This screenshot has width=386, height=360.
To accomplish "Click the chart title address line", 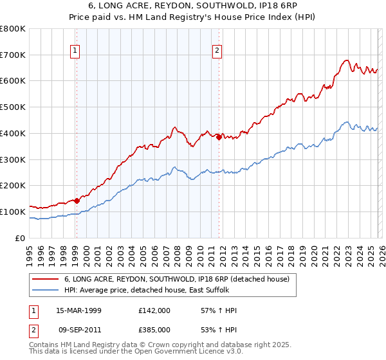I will coord(193,6).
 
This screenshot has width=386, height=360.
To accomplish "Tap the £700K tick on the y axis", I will coord(13,55).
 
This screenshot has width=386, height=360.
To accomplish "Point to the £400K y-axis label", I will coord(13,133).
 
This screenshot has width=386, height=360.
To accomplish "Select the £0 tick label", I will coord(19,238).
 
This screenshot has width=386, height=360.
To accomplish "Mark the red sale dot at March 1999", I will coord(77,201).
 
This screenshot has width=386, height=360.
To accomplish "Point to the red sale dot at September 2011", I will coord(219,137).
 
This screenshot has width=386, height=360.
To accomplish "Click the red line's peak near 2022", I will coord(346,61).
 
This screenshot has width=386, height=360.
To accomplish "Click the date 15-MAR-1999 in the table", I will coord(79,310).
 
